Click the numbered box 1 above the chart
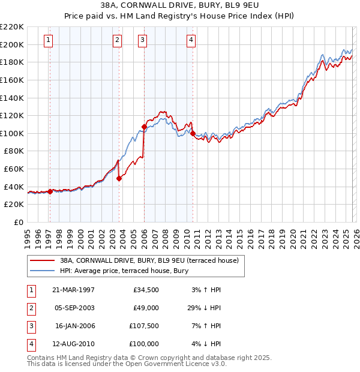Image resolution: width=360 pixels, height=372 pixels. (48, 40)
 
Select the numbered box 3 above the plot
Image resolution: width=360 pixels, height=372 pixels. (142, 40)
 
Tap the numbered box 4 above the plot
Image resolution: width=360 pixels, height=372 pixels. (190, 40)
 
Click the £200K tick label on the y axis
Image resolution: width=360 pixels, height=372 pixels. (12, 44)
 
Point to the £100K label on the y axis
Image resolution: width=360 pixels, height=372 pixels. (12, 133)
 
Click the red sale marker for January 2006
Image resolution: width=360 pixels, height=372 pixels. (144, 127)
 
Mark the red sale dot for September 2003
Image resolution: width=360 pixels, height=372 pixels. (119, 178)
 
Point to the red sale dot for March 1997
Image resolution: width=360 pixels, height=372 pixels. (50, 191)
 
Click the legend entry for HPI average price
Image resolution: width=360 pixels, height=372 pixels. (124, 271)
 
